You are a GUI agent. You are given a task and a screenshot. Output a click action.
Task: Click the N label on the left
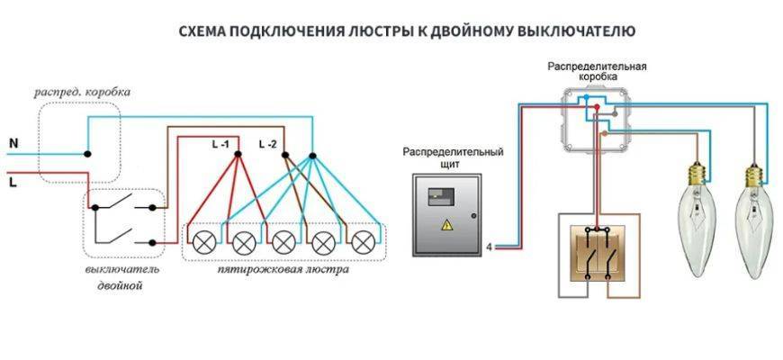point(13,143)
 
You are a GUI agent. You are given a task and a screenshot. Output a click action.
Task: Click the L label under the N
point(13,181)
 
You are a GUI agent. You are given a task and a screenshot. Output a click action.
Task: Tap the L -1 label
point(220,144)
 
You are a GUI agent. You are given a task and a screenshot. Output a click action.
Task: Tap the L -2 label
point(267,144)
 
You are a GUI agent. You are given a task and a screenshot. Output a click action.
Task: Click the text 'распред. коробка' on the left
point(82,93)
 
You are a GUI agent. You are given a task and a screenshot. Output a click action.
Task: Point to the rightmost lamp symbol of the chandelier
point(363,240)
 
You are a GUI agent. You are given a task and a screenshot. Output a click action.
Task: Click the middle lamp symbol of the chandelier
point(283,240)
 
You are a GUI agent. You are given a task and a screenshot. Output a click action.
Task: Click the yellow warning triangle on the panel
point(445,226)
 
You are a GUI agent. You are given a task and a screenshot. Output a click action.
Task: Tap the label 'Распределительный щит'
point(454,158)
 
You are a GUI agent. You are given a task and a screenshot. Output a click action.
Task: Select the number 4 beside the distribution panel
point(489,246)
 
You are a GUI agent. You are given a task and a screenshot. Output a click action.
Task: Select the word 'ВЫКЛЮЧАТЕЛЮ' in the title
point(576,31)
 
